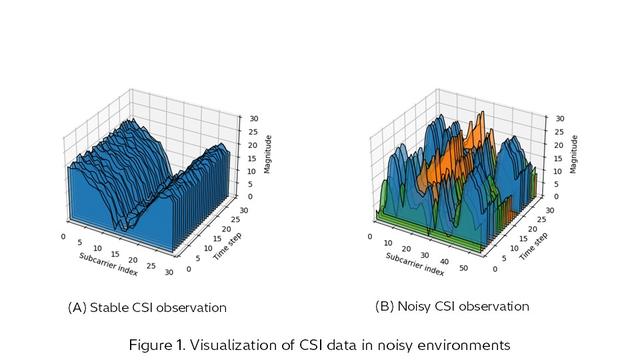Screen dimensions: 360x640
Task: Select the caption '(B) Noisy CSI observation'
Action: click(x=452, y=306)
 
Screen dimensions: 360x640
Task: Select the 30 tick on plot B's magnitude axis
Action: click(x=560, y=118)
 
